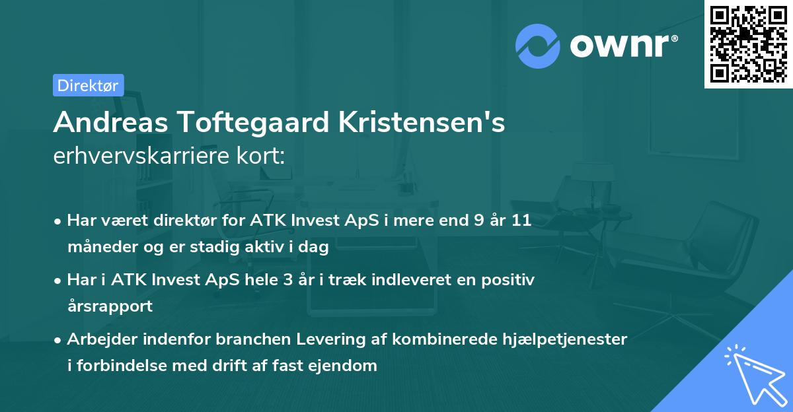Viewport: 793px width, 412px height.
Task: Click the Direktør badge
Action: click(x=88, y=85)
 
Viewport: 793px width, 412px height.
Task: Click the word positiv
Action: click(x=511, y=280)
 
